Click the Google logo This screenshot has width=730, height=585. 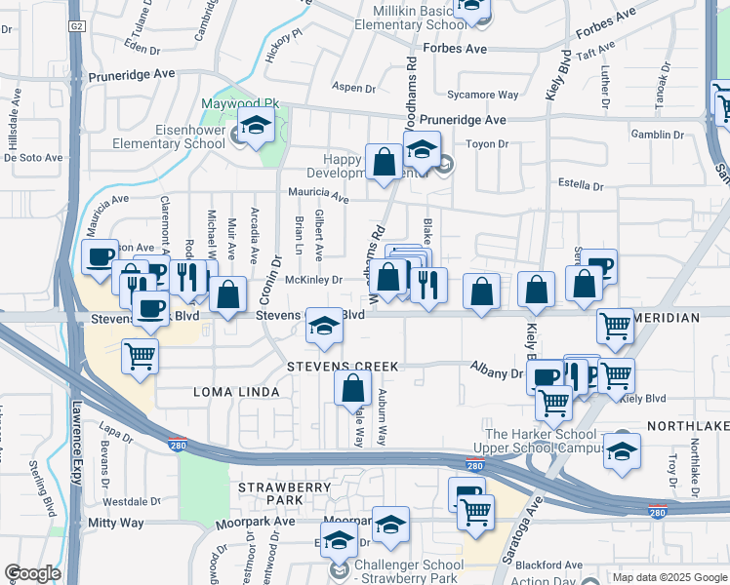(32, 573)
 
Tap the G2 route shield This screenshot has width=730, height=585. (76, 25)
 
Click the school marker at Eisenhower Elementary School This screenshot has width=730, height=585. (257, 128)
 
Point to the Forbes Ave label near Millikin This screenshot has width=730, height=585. (454, 48)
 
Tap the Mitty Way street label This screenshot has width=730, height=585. (116, 523)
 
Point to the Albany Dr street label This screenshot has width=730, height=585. (496, 373)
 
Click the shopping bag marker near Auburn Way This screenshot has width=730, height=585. (352, 387)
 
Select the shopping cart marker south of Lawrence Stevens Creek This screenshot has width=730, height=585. (141, 356)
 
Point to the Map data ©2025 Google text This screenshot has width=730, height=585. (669, 577)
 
